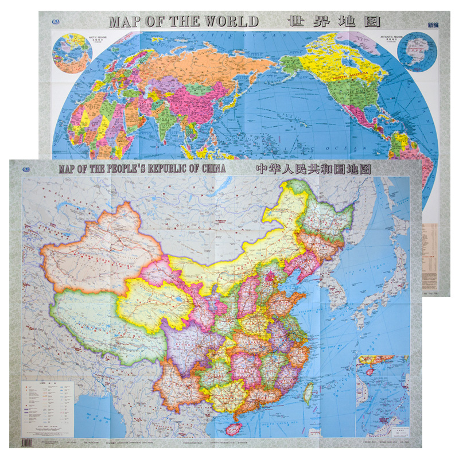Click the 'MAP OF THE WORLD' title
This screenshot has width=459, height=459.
(x=184, y=22)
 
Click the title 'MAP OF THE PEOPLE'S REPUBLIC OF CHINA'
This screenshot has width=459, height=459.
(x=141, y=169)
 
